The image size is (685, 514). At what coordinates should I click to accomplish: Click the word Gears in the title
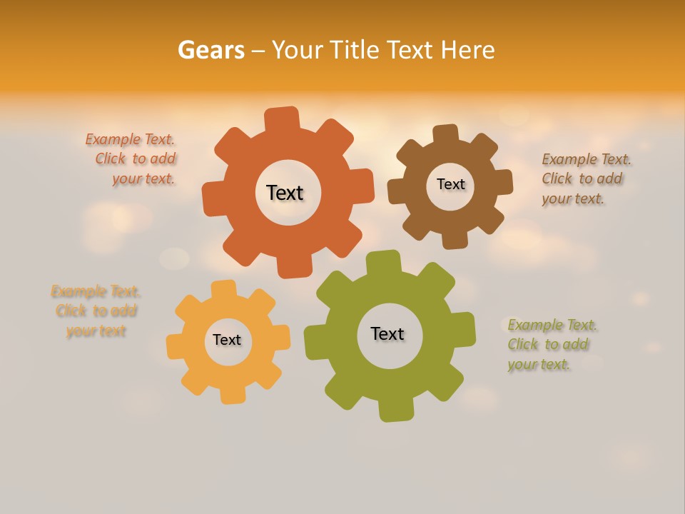click(x=210, y=50)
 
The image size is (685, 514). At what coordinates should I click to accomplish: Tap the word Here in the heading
click(x=467, y=50)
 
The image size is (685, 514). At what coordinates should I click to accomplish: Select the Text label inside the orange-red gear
click(x=285, y=193)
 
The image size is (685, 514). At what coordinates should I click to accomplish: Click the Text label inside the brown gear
click(x=450, y=184)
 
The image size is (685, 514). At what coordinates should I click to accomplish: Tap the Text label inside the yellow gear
click(x=227, y=340)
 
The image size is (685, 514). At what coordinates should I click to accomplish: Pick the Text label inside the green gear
click(x=387, y=333)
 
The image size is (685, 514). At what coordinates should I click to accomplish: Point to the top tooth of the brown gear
click(x=446, y=133)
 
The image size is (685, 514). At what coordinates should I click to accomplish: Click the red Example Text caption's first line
click(x=130, y=139)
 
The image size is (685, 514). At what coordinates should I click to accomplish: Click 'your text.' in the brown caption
click(x=572, y=199)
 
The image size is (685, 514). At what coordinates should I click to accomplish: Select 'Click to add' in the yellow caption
click(x=96, y=311)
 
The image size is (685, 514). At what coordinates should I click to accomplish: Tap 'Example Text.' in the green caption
click(x=552, y=326)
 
